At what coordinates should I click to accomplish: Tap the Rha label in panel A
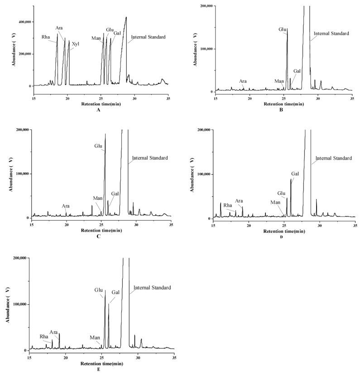[46, 37]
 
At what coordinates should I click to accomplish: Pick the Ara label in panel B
[243, 81]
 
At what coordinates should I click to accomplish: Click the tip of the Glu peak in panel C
[106, 134]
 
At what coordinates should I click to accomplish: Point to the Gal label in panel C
[115, 194]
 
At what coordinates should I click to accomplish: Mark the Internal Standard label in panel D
[333, 158]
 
